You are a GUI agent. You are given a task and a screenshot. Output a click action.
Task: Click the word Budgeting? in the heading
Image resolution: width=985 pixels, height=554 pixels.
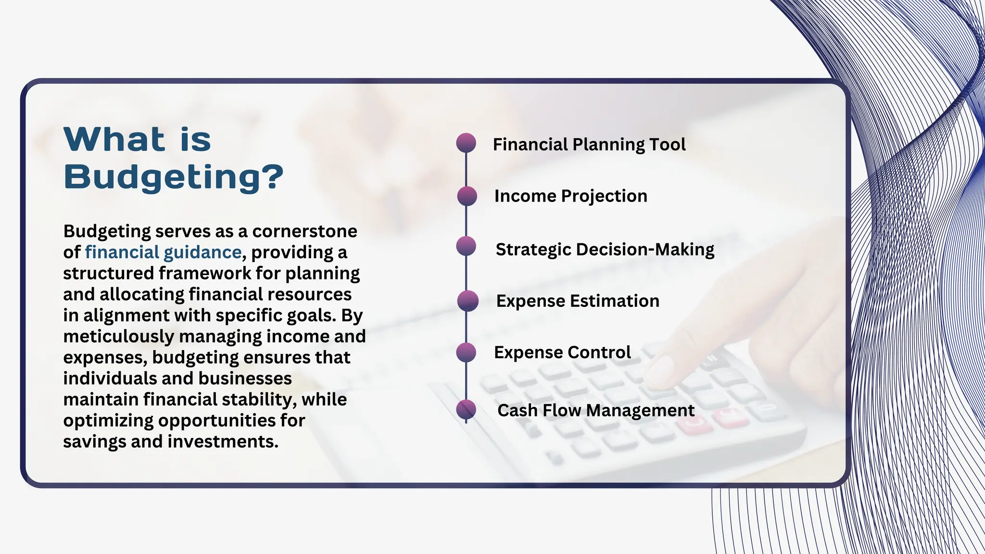tap(173, 176)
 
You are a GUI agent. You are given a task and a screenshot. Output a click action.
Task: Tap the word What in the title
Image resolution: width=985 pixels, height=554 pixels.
tap(114, 139)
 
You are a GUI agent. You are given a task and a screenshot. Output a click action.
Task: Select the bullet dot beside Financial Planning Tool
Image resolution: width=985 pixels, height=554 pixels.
tap(466, 143)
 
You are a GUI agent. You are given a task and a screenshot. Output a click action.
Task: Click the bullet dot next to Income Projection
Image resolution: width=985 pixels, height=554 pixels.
tap(467, 196)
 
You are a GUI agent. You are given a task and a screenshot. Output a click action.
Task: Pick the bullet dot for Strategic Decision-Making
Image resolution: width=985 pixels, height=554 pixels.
tap(466, 246)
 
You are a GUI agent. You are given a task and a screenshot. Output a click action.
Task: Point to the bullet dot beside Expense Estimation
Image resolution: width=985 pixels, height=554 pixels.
tap(467, 301)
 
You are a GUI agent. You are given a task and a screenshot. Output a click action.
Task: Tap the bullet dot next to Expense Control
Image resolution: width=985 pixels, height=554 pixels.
tap(466, 353)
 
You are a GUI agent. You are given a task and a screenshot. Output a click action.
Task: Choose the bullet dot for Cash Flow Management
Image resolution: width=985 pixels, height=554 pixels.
tap(466, 410)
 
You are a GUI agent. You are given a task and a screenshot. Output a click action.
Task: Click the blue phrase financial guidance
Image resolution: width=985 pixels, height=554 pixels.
tap(163, 252)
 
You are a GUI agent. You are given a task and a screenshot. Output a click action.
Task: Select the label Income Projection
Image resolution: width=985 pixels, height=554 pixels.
tap(570, 196)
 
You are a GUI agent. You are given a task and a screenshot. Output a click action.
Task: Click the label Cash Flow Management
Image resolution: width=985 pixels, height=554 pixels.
tap(595, 410)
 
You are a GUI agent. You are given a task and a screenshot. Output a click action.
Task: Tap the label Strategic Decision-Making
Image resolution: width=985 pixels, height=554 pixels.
tap(605, 249)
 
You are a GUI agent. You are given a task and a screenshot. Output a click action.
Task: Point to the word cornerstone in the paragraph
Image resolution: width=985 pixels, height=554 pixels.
tap(304, 231)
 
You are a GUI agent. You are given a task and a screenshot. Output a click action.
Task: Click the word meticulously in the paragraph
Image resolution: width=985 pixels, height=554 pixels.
tap(118, 336)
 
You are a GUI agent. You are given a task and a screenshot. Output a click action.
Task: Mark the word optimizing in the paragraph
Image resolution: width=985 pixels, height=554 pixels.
tap(108, 420)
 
